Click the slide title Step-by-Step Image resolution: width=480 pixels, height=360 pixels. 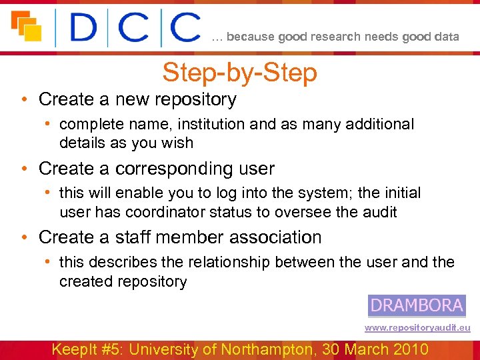coord(239,73)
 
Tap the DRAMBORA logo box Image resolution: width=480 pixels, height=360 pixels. coord(417,305)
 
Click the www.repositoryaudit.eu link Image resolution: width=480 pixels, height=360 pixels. coord(417,328)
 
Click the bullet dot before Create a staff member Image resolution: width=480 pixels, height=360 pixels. coord(23,238)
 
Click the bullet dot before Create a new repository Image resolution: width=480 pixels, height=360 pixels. coord(23,100)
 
